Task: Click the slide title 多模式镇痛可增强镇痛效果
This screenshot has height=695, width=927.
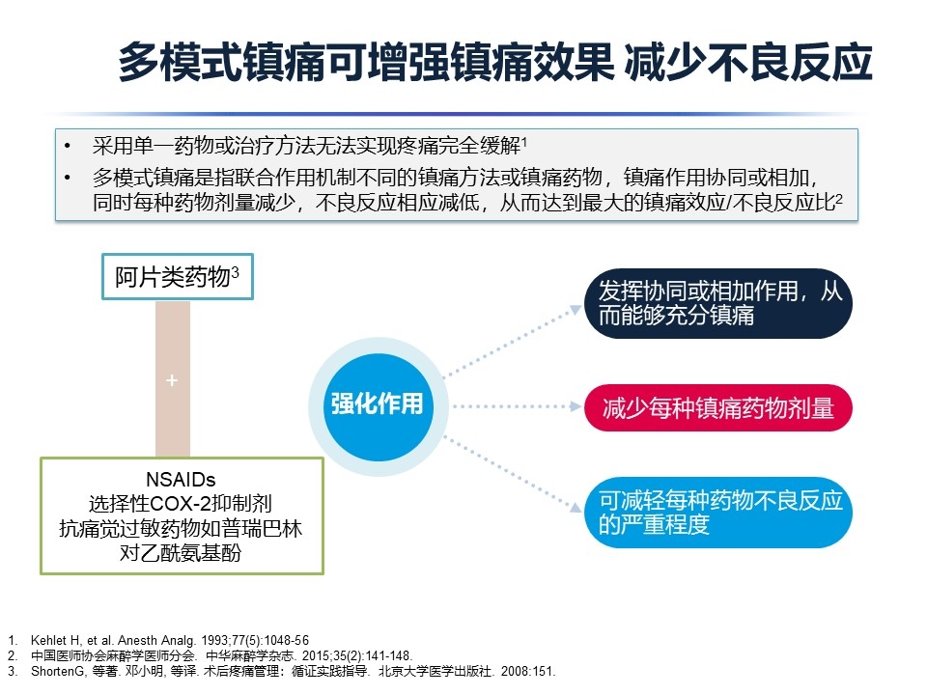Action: pyautogui.click(x=367, y=62)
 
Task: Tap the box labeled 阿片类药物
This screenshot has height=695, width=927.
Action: pyautogui.click(x=178, y=277)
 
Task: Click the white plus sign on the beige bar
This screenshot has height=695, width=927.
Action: pyautogui.click(x=172, y=380)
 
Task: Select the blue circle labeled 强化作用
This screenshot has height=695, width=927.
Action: pyautogui.click(x=378, y=406)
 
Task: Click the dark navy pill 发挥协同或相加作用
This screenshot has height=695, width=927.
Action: pyautogui.click(x=718, y=304)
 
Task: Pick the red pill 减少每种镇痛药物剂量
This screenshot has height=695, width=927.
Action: pyautogui.click(x=718, y=407)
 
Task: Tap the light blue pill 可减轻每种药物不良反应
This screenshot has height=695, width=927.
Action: pyautogui.click(x=718, y=513)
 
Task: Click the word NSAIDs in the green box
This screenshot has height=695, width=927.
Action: pyautogui.click(x=181, y=480)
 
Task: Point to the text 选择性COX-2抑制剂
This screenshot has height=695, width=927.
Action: pyautogui.click(x=181, y=504)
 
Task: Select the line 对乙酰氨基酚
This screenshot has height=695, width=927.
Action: pyautogui.click(x=181, y=553)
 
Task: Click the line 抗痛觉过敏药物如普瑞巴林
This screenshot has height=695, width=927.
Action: pyautogui.click(x=181, y=528)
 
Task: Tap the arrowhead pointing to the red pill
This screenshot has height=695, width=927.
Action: pyautogui.click(x=576, y=406)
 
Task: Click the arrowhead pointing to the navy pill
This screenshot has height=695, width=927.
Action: pyautogui.click(x=575, y=310)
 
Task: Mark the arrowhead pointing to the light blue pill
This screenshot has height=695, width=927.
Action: pyautogui.click(x=576, y=507)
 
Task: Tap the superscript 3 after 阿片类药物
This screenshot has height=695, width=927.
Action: pyautogui.click(x=236, y=272)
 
